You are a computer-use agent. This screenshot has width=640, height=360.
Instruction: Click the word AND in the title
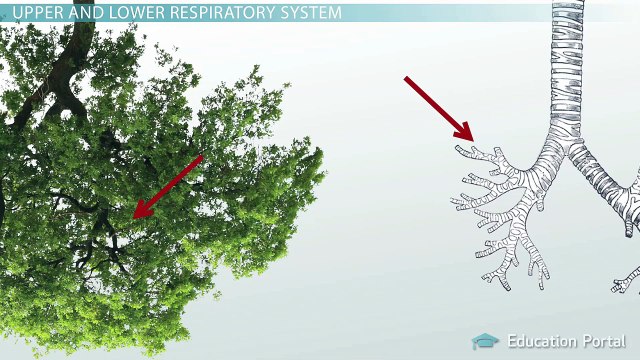tap(77, 13)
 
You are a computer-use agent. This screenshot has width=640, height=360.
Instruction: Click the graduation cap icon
tap(485, 342)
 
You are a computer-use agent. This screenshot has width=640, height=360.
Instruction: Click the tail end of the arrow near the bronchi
tap(407, 79)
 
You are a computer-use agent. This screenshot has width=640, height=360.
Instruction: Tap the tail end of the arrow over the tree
tap(201, 158)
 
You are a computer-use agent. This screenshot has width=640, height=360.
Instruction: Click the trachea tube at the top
tap(567, 50)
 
